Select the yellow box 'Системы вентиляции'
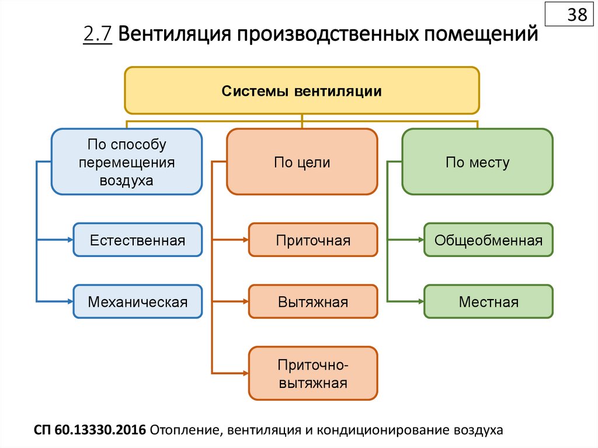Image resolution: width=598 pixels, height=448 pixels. point(301,91)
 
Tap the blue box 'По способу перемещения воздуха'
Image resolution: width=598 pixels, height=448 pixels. point(126,162)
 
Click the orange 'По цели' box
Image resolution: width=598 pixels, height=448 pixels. point(302,162)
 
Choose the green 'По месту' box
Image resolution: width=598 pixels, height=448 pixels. point(477,162)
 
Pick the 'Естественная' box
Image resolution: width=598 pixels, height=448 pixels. point(138,239)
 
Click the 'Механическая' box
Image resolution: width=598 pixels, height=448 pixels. point(138,301)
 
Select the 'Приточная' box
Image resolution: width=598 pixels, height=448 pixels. point(314,239)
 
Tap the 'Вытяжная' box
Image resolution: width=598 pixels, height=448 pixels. point(314,301)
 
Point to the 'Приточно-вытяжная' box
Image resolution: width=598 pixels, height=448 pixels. point(314,374)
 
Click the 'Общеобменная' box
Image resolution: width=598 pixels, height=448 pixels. point(488,239)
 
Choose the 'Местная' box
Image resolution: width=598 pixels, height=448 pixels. point(488,301)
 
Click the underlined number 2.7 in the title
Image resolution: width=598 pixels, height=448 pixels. point(97,34)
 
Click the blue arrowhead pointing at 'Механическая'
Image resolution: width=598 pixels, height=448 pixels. point(69,301)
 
